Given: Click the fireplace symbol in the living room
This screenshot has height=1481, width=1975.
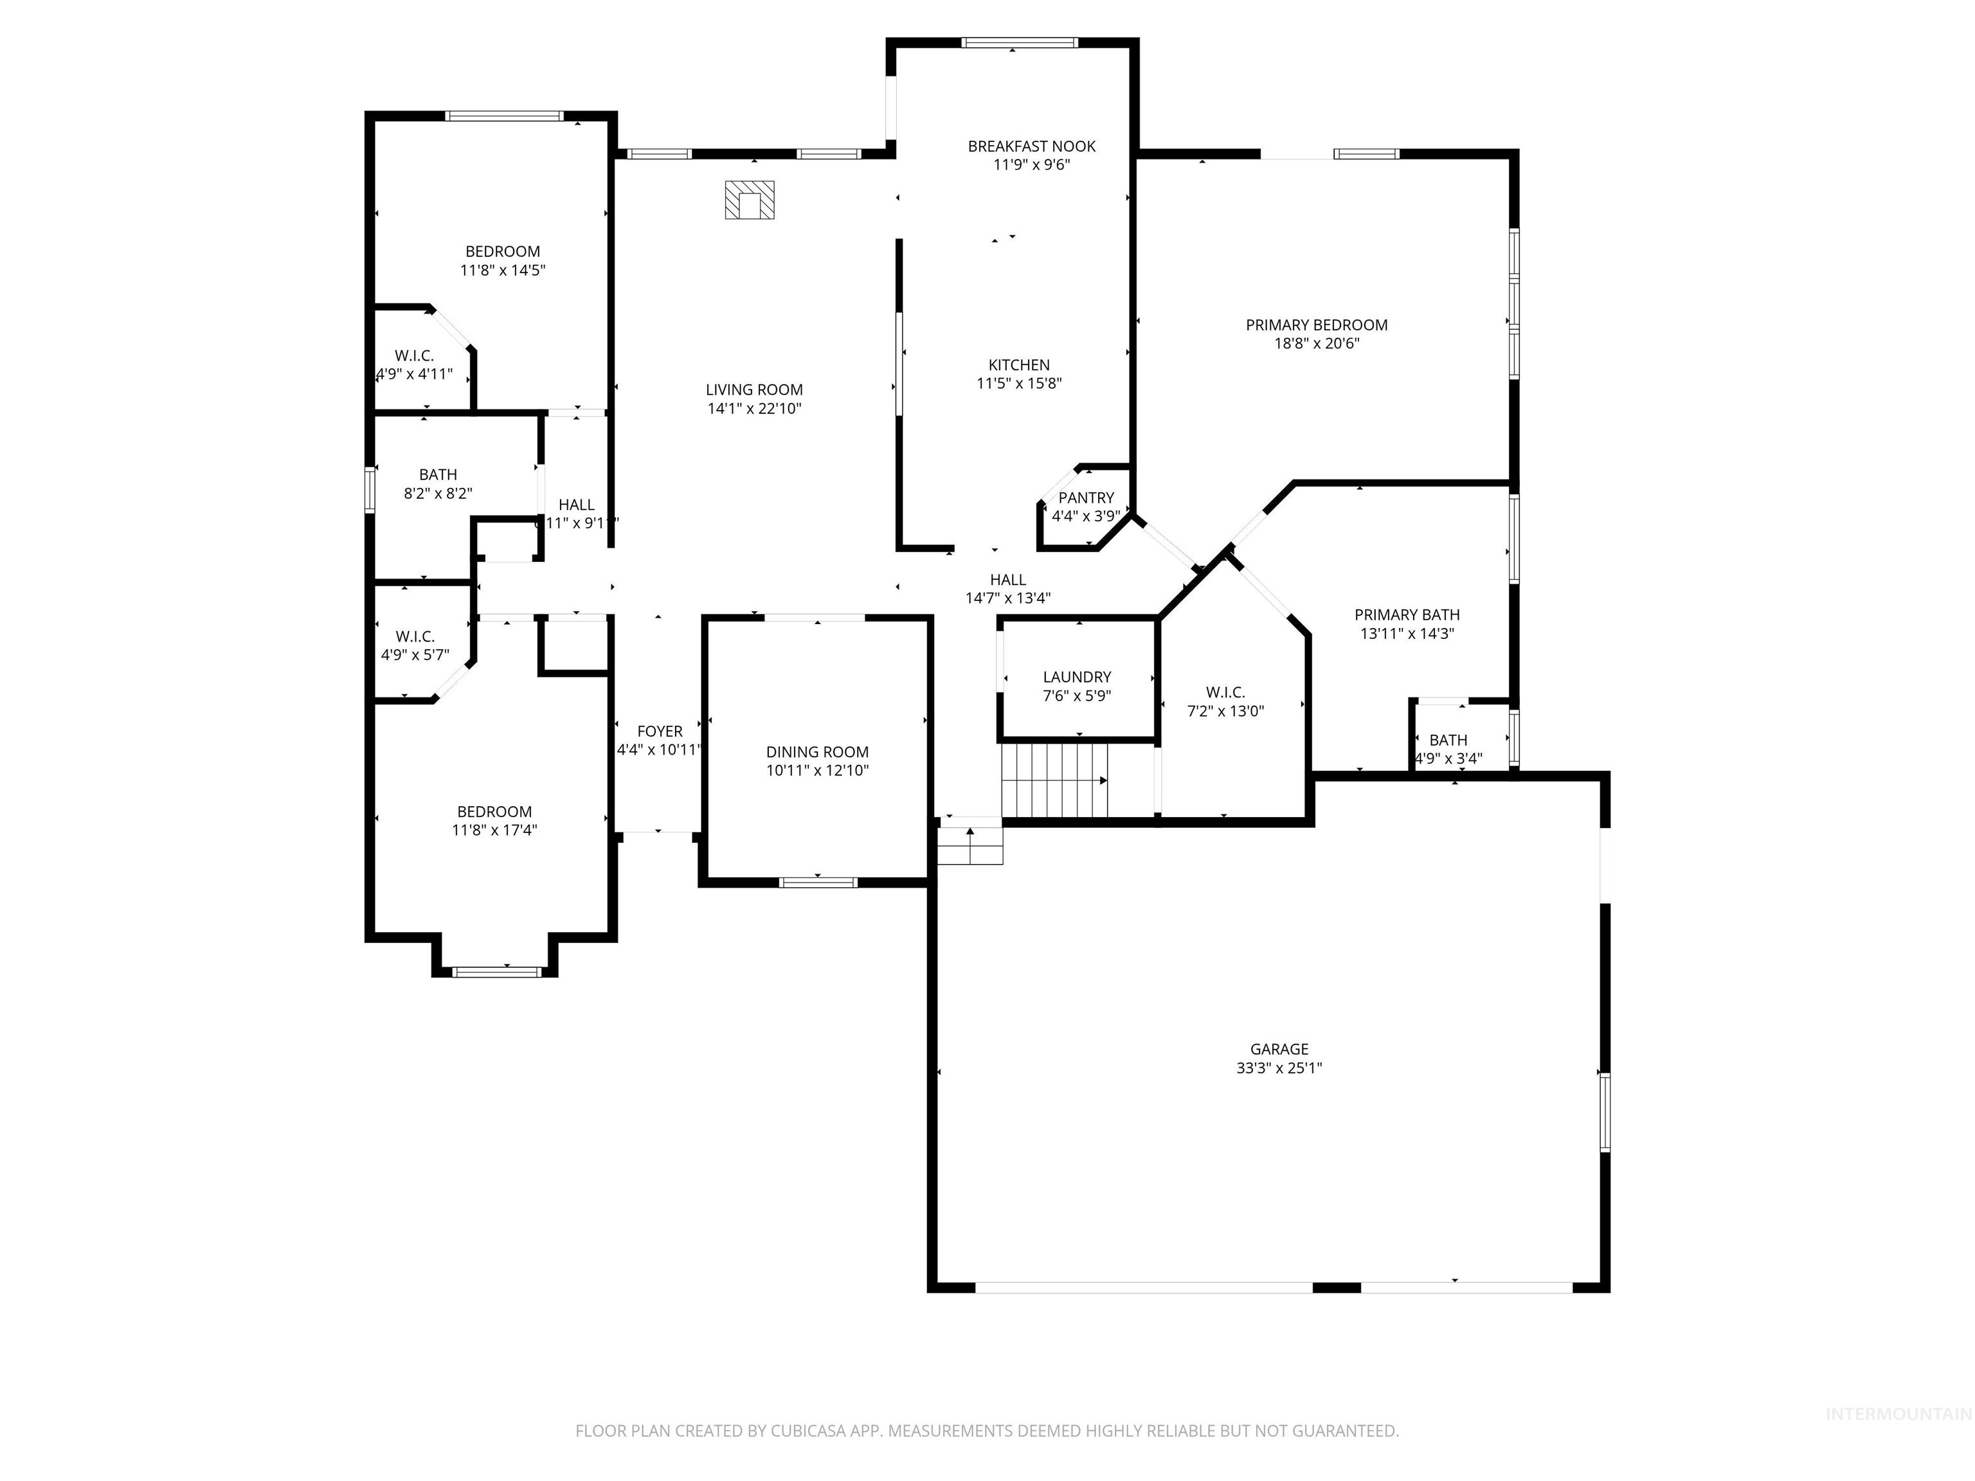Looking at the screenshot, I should click(749, 200).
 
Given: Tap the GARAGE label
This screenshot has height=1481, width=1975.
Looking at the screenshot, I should click(1279, 1049).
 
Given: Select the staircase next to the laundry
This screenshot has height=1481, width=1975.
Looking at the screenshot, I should click(1054, 780).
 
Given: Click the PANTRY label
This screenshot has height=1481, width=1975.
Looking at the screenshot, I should click(1086, 498).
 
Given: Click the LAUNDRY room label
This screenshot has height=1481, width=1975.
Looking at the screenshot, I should click(1077, 677).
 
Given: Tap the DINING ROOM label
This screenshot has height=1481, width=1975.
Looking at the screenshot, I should click(817, 751).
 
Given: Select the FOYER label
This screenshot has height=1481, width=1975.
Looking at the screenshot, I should click(659, 731).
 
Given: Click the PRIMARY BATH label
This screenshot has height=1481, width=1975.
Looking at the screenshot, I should click(1406, 614).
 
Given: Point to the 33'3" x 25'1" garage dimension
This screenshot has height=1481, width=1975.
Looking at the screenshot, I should click(1279, 1068).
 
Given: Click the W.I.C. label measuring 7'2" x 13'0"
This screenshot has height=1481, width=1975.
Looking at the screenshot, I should click(1225, 692).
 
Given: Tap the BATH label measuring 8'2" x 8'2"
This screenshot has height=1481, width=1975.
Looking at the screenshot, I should click(438, 474).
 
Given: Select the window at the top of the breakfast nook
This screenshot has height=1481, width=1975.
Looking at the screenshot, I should click(1019, 42).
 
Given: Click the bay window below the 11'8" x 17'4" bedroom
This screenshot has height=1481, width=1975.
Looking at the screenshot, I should click(496, 971).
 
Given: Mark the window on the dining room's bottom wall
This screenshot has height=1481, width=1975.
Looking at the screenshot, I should click(818, 882).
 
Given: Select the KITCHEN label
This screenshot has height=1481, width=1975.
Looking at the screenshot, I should click(1019, 364).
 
